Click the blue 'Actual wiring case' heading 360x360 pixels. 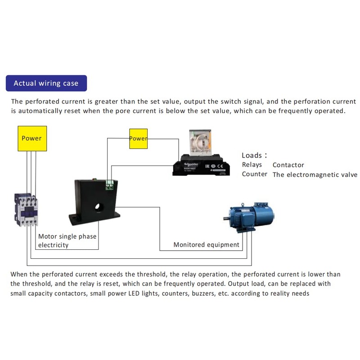pyautogui.click(x=46, y=83)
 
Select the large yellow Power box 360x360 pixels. pyautogui.click(x=31, y=138)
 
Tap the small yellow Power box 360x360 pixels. pyautogui.click(x=138, y=138)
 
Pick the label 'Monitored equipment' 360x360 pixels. pyautogui.click(x=207, y=245)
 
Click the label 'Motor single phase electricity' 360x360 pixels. pyautogui.click(x=67, y=241)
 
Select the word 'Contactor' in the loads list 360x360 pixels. pyautogui.click(x=288, y=165)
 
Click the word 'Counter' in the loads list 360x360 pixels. pyautogui.click(x=255, y=174)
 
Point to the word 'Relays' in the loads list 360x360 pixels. pyautogui.click(x=252, y=165)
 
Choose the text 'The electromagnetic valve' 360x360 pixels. pyautogui.click(x=315, y=175)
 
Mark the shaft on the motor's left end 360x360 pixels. pyautogui.click(x=226, y=218)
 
